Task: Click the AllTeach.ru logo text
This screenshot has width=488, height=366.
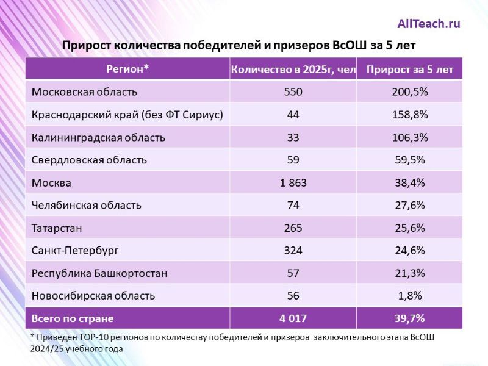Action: [429, 24]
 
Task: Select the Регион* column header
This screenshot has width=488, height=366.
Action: [127, 69]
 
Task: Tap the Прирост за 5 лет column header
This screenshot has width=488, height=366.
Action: [409, 70]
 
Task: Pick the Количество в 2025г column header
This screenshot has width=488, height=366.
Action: [293, 70]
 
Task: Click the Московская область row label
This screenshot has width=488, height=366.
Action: [84, 92]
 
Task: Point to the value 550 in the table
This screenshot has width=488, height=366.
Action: [293, 92]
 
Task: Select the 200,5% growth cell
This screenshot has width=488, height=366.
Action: [409, 92]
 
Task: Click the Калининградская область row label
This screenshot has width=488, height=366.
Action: [98, 137]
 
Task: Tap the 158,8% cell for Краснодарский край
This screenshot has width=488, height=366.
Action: [409, 115]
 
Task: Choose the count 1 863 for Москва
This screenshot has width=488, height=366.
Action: [293, 182]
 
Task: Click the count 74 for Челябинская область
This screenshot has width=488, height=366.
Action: [293, 205]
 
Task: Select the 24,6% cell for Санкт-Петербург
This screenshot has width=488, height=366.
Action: [409, 250]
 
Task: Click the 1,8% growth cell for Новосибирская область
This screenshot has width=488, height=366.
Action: [409, 295]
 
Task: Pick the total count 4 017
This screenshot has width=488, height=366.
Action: [293, 318]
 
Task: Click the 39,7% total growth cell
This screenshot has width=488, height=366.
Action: [409, 318]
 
